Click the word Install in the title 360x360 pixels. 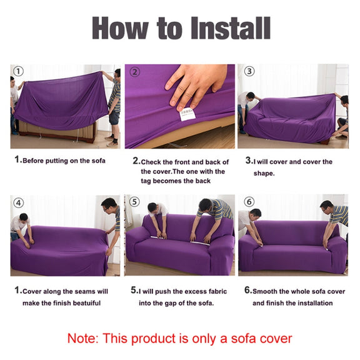(231, 28)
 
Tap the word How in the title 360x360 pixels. (120, 28)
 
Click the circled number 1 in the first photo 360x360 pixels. (19, 71)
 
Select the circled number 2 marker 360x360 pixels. (135, 72)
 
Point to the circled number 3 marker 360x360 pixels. (249, 71)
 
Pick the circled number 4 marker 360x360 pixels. (19, 203)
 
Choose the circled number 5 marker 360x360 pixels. (134, 202)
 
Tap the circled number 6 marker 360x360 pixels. (249, 202)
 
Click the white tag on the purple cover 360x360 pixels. (187, 114)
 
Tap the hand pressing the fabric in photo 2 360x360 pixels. (195, 85)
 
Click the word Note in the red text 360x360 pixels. (82, 338)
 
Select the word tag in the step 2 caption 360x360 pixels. (146, 181)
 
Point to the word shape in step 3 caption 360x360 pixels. (264, 173)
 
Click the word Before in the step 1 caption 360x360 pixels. (33, 161)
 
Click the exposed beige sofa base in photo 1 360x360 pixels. (57, 132)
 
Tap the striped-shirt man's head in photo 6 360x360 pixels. (327, 206)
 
